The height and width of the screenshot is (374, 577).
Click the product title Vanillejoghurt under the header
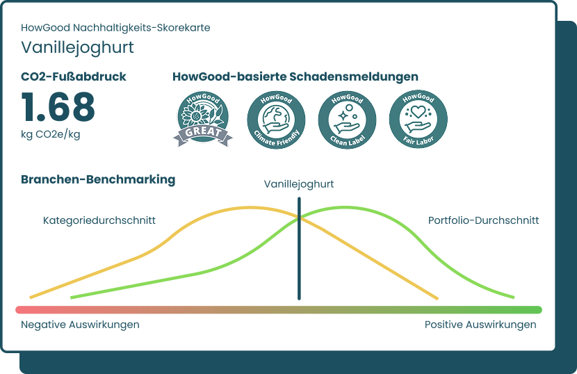77,47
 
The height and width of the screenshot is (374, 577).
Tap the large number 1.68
58,108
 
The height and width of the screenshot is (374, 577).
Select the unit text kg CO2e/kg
50,134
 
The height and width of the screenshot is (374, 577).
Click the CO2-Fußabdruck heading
74,76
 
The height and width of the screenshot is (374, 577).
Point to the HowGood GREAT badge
202,119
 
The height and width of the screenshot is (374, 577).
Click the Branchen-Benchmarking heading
98,179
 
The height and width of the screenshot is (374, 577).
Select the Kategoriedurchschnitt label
99,220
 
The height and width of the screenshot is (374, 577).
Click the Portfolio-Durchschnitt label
483,220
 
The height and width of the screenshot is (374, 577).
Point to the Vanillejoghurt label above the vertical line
299,184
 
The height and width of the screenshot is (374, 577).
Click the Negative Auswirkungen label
80,325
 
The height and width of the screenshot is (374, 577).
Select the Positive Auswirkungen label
480,325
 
